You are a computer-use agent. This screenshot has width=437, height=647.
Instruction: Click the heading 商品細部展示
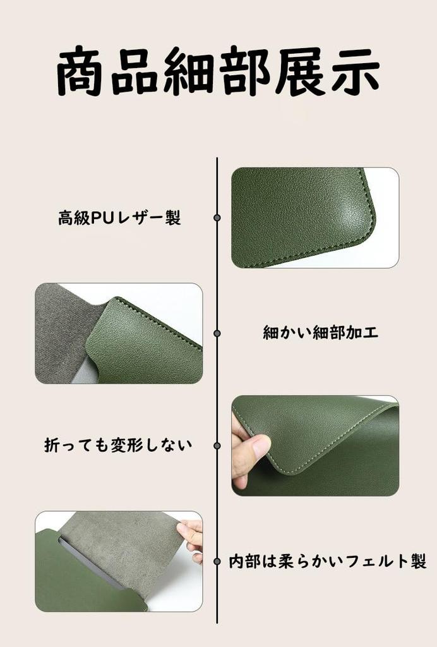[218, 71]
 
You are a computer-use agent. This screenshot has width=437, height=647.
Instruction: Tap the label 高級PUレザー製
[119, 217]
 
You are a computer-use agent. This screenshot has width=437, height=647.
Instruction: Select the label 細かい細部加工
[320, 332]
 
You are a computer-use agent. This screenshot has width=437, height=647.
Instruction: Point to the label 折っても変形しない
[118, 445]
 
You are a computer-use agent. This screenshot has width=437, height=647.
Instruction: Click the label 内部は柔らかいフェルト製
[328, 561]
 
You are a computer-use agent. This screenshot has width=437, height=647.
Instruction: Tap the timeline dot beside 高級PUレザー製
[217, 217]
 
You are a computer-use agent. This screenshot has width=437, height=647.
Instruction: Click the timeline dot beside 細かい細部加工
[217, 333]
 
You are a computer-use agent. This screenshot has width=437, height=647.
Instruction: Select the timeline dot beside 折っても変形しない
[217, 445]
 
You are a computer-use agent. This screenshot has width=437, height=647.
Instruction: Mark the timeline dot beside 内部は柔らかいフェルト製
[217, 561]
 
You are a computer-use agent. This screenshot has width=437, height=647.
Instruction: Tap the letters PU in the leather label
[100, 218]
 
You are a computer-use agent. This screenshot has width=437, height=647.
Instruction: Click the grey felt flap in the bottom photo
[119, 545]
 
